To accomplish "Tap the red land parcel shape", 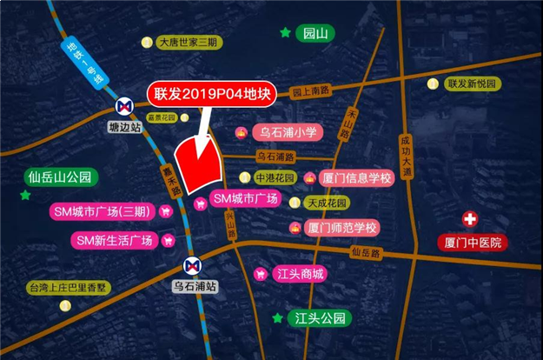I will pyautogui.click(x=199, y=163).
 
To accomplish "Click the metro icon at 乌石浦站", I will pyautogui.click(x=194, y=263).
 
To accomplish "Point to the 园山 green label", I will pyautogui.click(x=313, y=34).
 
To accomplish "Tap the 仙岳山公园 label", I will pyautogui.click(x=59, y=177).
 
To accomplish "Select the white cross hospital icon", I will pyautogui.click(x=470, y=219).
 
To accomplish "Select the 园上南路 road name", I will pyautogui.click(x=313, y=90).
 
